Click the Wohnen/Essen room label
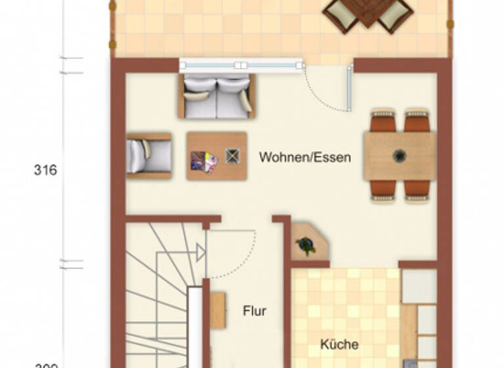pyautogui.click(x=304, y=158)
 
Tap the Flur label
pyautogui.click(x=255, y=311)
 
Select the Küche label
pyautogui.click(x=339, y=344)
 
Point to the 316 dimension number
pyautogui.click(x=45, y=170)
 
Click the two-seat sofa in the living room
pyautogui.click(x=217, y=97)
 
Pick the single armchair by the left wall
pyautogui.click(x=149, y=156)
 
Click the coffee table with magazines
pyautogui.click(x=217, y=156)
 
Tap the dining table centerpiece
pyautogui.click(x=399, y=156)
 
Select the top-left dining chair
pyautogui.click(x=383, y=121)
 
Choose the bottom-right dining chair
pyautogui.click(x=417, y=189)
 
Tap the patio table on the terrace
pyautogui.click(x=367, y=13)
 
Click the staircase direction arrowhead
pyautogui.click(x=200, y=252)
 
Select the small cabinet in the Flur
pyautogui.click(x=217, y=311)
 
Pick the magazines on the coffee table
pyautogui.click(x=203, y=161)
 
